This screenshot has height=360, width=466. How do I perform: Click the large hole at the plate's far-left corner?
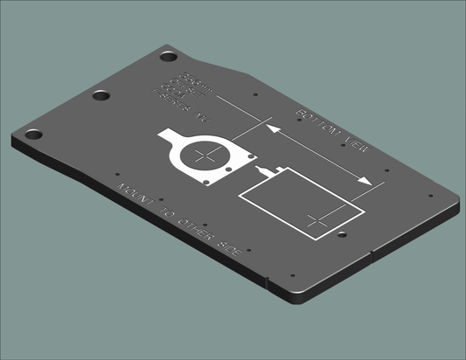33,135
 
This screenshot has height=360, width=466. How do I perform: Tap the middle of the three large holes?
102,96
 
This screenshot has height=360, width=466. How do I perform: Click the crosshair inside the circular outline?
206,158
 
